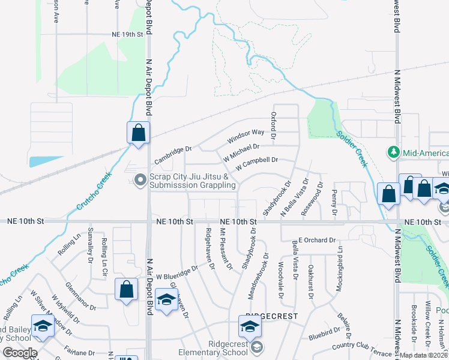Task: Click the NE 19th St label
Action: point(128,34)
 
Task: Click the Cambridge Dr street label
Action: point(172,155)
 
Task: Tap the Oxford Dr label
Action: point(274,125)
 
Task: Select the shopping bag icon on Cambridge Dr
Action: point(138,133)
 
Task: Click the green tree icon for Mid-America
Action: point(394,152)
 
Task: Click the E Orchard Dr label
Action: point(313,240)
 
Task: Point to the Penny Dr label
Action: point(334,204)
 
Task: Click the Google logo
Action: point(20,352)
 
